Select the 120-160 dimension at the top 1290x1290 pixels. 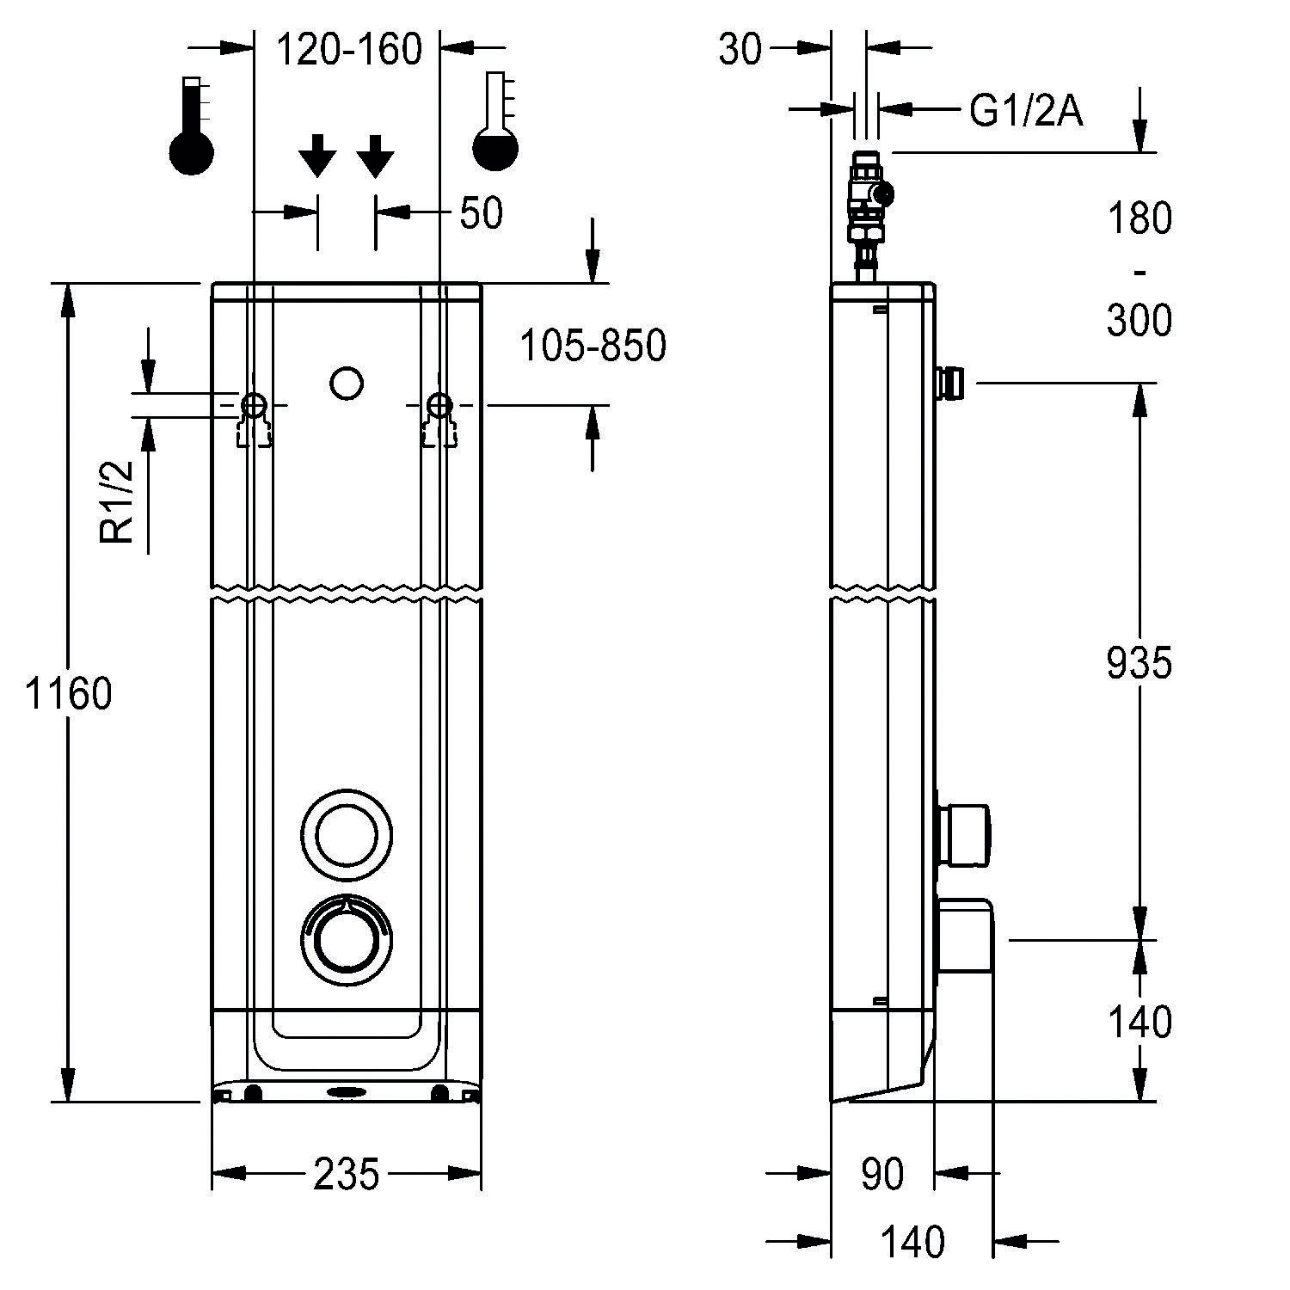pyautogui.click(x=348, y=50)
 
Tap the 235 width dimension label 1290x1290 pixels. pyautogui.click(x=346, y=1174)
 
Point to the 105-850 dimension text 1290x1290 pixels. pyautogui.click(x=593, y=346)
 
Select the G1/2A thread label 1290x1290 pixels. pyautogui.click(x=1025, y=111)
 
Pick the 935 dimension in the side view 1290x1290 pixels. pyautogui.click(x=1139, y=663)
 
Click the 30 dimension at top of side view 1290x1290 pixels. pyautogui.click(x=740, y=50)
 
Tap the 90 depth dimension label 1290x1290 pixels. pyautogui.click(x=882, y=1174)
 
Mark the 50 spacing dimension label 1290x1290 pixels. pyautogui.click(x=481, y=213)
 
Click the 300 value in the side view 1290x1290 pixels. pyautogui.click(x=1139, y=321)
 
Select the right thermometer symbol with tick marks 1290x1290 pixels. pyautogui.click(x=496, y=122)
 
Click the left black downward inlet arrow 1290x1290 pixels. pyautogui.click(x=317, y=156)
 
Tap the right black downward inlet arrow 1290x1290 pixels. pyautogui.click(x=375, y=156)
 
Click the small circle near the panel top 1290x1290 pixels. pyautogui.click(x=347, y=384)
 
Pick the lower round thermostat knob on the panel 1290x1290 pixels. pyautogui.click(x=347, y=936)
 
